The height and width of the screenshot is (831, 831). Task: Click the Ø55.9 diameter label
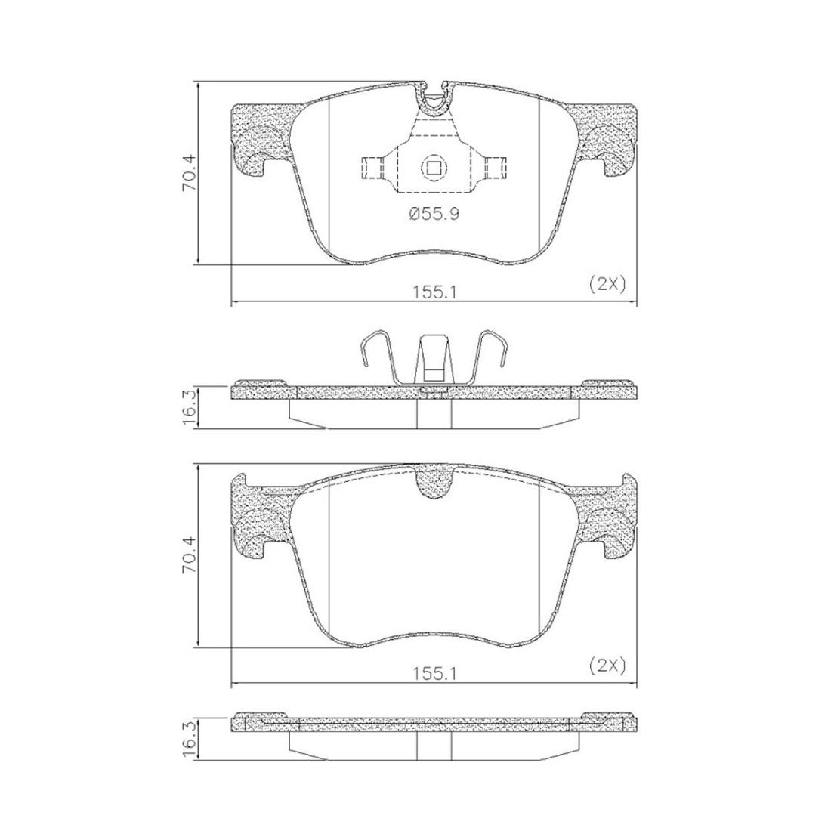click(x=434, y=215)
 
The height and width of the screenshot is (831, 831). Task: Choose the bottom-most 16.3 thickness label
click(x=189, y=734)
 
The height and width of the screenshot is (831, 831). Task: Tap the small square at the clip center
click(x=433, y=167)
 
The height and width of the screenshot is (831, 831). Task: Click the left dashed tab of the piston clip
click(x=372, y=168)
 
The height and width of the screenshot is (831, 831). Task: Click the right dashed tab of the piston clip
click(x=495, y=168)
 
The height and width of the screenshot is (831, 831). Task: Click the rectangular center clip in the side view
click(x=434, y=363)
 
